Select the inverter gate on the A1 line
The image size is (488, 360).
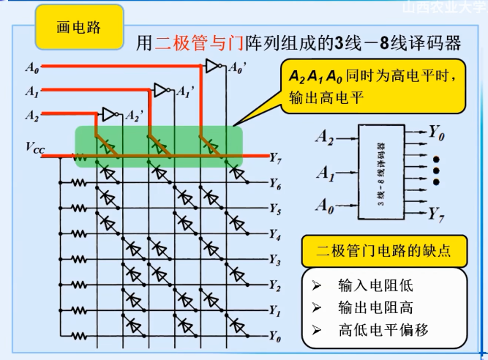(160, 90)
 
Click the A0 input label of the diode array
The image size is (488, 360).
(31, 69)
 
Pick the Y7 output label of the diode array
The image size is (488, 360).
(275, 157)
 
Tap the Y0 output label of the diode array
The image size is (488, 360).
(275, 337)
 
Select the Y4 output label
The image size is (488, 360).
(275, 234)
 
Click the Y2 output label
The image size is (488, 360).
(275, 285)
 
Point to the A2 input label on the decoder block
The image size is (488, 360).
(325, 135)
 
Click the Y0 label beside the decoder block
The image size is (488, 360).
(437, 133)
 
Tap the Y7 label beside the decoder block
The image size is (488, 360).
(437, 214)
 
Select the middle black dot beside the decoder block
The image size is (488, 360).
(436, 170)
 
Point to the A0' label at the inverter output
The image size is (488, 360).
(237, 68)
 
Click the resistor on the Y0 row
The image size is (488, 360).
(78, 337)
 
